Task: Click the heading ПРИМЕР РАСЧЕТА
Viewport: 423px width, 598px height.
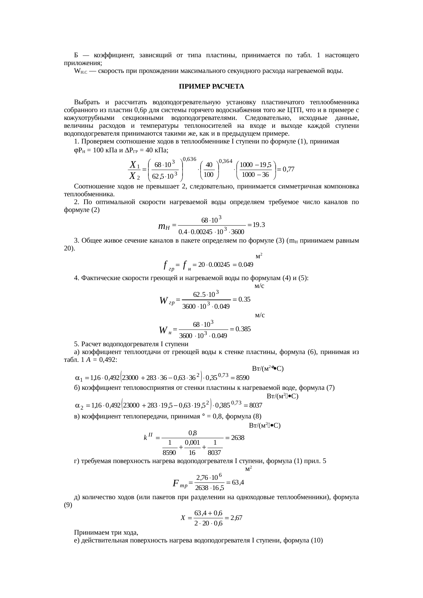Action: point(211,87)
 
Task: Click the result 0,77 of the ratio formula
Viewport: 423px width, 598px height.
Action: point(288,169)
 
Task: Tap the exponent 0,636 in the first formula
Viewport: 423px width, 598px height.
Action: point(189,159)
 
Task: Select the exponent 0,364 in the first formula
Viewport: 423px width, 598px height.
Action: point(225,161)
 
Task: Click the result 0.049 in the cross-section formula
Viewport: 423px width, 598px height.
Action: point(246,264)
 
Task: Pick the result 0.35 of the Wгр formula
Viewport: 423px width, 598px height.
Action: point(244,299)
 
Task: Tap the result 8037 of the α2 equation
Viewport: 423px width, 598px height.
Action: point(256,405)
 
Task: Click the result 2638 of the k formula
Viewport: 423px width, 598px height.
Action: point(237,438)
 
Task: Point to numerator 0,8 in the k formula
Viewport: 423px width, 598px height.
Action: point(192,433)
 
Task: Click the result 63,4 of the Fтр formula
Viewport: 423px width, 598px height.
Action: point(237,482)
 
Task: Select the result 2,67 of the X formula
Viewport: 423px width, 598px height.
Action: point(236,518)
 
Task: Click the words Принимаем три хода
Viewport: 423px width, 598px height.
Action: point(106,532)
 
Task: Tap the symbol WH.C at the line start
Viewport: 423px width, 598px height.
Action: point(82,71)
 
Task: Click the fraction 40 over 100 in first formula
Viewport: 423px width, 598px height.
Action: point(209,169)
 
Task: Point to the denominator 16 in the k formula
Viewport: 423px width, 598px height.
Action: point(192,453)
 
